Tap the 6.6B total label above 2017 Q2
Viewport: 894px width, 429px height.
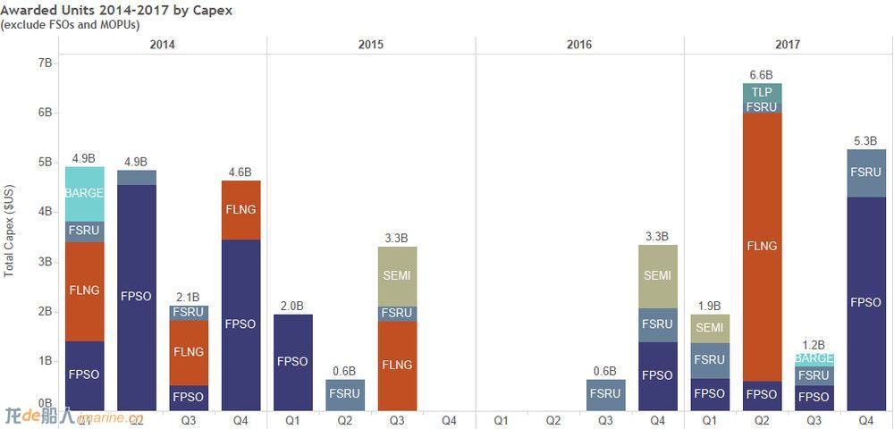pyautogui.click(x=762, y=75)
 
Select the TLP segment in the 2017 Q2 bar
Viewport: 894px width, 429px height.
pyautogui.click(x=762, y=92)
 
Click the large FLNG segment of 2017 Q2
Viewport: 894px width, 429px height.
pyautogui.click(x=762, y=246)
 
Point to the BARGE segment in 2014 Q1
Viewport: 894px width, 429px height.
pyautogui.click(x=85, y=193)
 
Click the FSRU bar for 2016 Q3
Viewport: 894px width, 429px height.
pyautogui.click(x=605, y=393)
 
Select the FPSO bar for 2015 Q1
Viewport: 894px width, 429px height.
pyautogui.click(x=293, y=362)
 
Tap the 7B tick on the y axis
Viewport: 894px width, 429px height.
pyautogui.click(x=46, y=63)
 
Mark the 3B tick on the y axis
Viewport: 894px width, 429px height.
pyautogui.click(x=46, y=262)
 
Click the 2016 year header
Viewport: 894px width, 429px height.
pyautogui.click(x=579, y=45)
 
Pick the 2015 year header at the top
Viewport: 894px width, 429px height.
pyautogui.click(x=371, y=45)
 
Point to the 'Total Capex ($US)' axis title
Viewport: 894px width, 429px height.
pyautogui.click(x=10, y=231)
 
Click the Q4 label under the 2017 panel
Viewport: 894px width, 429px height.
pyautogui.click(x=866, y=420)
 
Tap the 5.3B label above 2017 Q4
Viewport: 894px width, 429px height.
pyautogui.click(x=866, y=141)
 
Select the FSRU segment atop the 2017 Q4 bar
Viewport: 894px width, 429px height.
pyautogui.click(x=866, y=172)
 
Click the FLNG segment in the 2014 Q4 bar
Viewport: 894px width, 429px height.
pyautogui.click(x=241, y=210)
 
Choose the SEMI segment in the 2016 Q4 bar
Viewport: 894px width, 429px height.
pyautogui.click(x=657, y=276)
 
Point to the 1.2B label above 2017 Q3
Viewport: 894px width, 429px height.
pyautogui.click(x=814, y=345)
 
